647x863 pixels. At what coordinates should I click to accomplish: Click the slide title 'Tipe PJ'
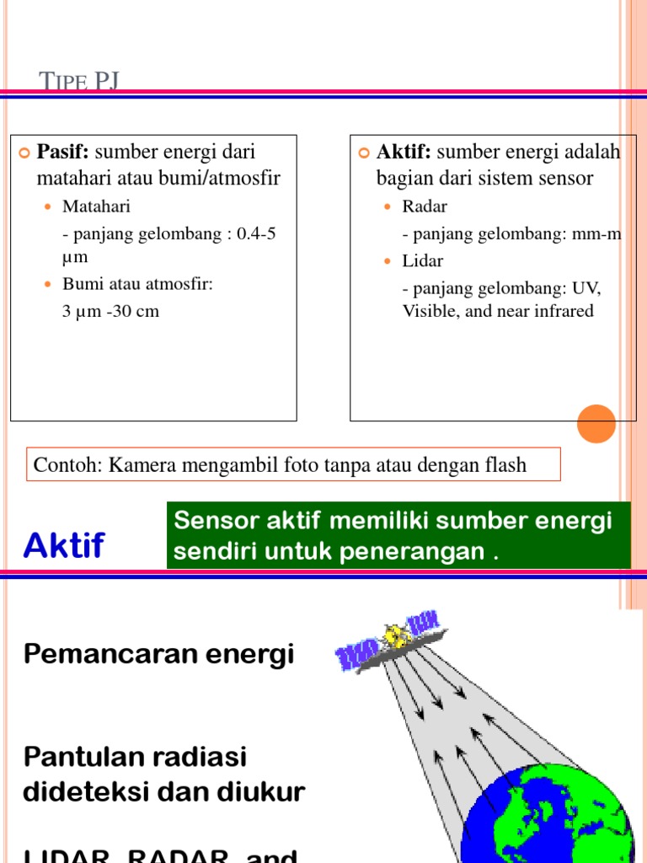[80, 81]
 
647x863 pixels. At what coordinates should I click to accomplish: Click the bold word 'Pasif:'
[64, 153]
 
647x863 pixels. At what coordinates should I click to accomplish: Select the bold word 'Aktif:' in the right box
[404, 153]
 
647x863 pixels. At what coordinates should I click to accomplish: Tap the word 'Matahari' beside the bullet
[96, 206]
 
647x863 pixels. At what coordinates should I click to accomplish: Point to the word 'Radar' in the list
[425, 206]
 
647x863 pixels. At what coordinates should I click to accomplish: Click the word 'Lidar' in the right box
[422, 261]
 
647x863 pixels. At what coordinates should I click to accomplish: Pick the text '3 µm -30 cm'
[110, 312]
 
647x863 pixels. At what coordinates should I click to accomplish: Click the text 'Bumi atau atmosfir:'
[138, 284]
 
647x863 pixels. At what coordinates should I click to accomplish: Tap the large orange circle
[596, 423]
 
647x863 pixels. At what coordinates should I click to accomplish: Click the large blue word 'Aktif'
[64, 546]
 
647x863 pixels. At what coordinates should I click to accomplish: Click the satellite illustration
[388, 641]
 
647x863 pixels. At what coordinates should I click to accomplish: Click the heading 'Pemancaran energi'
[159, 654]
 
